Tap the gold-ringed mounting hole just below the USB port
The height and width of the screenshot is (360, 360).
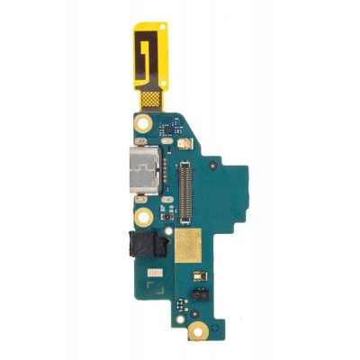tap(142, 217)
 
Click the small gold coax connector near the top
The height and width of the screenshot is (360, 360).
tap(183, 143)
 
